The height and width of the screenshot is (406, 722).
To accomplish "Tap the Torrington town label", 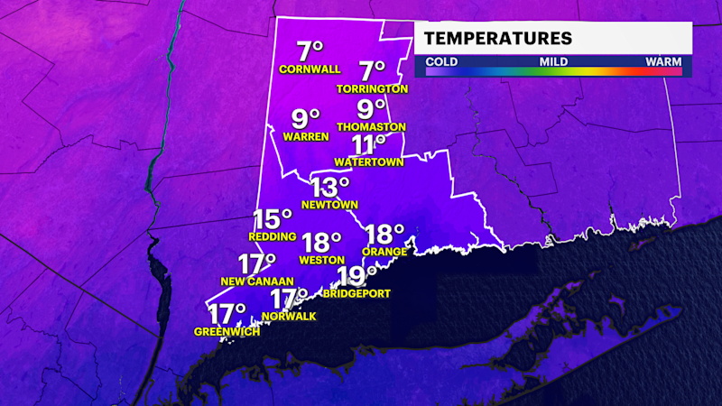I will [x=373, y=89].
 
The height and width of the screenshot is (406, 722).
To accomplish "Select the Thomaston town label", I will [x=371, y=127].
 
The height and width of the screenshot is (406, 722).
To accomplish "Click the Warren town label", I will [x=303, y=138].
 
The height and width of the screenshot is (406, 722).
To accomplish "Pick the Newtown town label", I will [x=329, y=205].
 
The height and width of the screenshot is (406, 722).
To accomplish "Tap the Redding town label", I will [x=272, y=236].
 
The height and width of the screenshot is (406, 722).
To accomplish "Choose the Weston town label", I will [x=321, y=261].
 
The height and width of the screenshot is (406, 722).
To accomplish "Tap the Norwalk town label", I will [x=289, y=316].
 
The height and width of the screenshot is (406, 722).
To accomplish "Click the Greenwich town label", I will [x=227, y=332].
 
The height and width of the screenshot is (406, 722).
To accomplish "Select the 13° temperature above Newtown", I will [x=330, y=187].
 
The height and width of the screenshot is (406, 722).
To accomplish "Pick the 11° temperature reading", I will [x=368, y=145].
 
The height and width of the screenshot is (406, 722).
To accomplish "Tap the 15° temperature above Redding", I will [x=272, y=218].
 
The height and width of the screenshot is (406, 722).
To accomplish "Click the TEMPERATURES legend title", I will [x=498, y=38].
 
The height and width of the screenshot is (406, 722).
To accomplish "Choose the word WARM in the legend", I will [x=663, y=61].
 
